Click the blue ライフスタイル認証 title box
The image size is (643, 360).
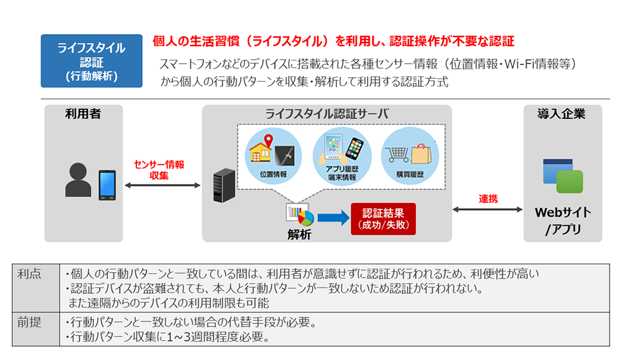click(x=91, y=61)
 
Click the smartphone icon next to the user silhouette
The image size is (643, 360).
click(x=107, y=184)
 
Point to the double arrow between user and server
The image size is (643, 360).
click(x=163, y=185)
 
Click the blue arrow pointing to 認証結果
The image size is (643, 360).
click(x=332, y=218)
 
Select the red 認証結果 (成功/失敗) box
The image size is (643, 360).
click(x=383, y=219)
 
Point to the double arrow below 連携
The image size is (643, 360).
click(x=487, y=209)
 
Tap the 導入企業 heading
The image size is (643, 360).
click(x=561, y=114)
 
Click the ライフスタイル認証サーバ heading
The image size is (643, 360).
click(x=327, y=114)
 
